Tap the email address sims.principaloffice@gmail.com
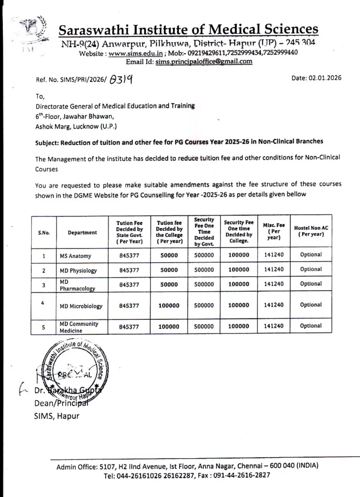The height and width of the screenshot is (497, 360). click(204, 62)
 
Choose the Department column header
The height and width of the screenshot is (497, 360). click(82, 232)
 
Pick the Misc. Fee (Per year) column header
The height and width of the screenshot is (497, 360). click(274, 231)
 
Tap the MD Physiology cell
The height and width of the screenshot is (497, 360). click(78, 270)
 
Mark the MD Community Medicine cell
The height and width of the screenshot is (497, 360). click(79, 327)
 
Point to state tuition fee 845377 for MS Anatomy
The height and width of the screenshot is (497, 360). click(129, 255)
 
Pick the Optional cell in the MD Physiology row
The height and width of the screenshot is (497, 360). click(310, 269)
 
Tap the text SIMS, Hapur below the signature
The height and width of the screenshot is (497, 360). click(56, 415)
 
